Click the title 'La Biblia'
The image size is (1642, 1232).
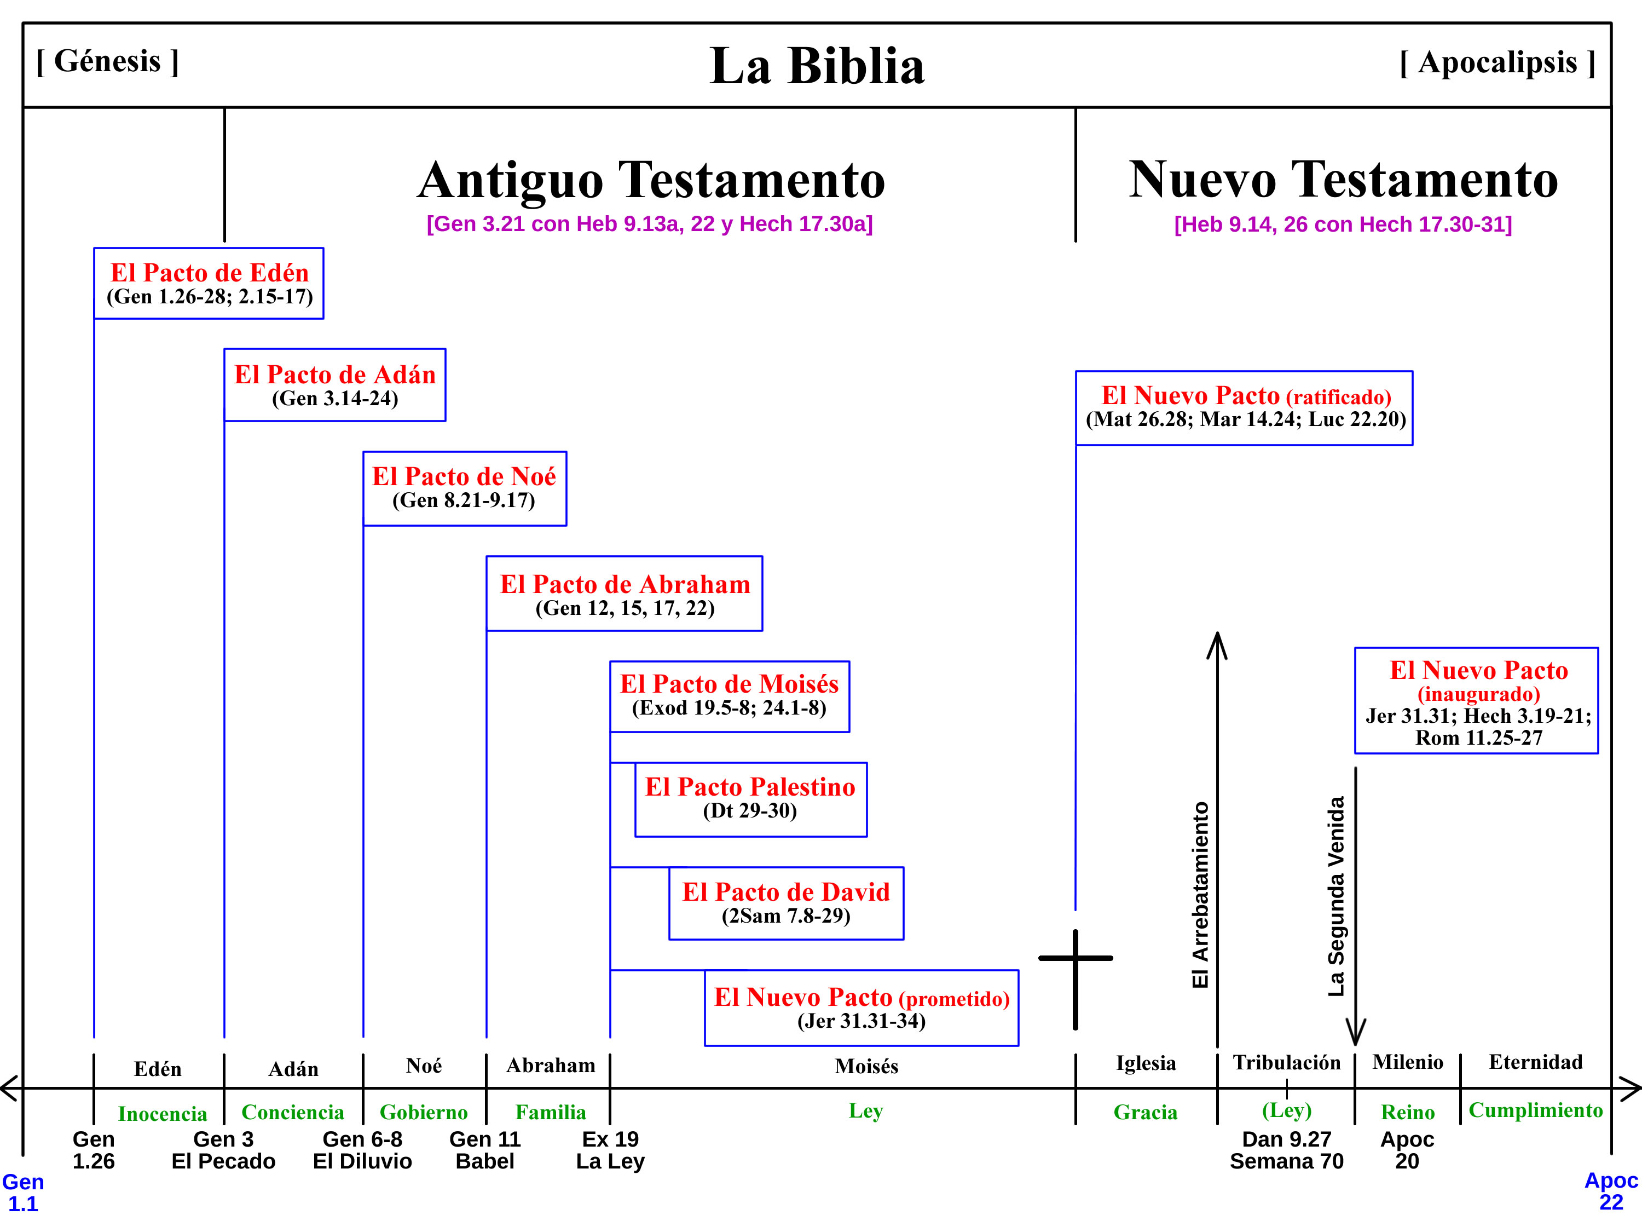pos(817,67)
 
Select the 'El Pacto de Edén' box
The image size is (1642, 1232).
pos(209,284)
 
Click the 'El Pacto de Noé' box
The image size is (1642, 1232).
pos(465,488)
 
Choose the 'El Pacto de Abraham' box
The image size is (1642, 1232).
pos(625,594)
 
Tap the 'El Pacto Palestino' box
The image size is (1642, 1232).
pos(750,799)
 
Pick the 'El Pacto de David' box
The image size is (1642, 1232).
pos(786,903)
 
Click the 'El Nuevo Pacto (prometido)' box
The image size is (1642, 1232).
pos(861,1008)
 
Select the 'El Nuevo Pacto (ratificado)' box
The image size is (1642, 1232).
pos(1244,408)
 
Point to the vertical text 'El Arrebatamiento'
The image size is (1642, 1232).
pos(1200,895)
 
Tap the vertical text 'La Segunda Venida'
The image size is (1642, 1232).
pos(1335,896)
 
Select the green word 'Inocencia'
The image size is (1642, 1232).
pos(162,1113)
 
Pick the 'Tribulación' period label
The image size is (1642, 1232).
pos(1286,1062)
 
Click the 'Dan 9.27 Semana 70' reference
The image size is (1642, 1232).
pos(1286,1149)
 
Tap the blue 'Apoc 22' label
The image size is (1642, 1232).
pos(1611,1190)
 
